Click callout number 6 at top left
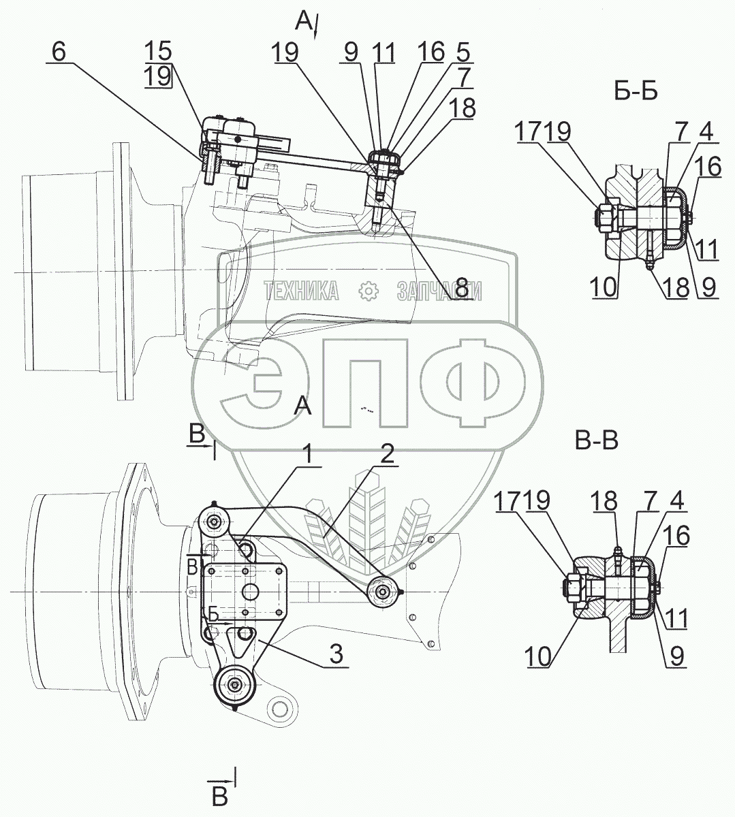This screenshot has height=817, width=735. click(59, 53)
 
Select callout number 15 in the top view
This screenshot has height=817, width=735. click(158, 51)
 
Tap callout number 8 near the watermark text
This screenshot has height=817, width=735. click(463, 289)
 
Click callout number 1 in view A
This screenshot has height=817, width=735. click(309, 456)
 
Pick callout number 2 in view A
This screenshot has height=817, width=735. click(386, 456)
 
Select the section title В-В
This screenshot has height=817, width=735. click(596, 442)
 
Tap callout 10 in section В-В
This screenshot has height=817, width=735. click(537, 657)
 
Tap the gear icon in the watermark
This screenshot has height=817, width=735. click(368, 291)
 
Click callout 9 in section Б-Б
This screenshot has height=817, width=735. click(709, 288)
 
